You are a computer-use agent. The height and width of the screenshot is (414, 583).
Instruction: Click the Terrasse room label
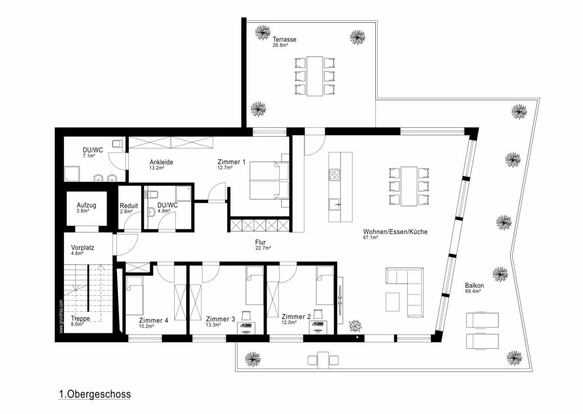pos(284,39)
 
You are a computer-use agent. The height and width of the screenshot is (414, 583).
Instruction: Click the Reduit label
pos(128,205)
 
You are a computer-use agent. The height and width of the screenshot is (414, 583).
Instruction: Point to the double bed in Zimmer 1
pos(269,180)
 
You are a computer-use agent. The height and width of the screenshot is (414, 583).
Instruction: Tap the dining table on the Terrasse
pos(314,76)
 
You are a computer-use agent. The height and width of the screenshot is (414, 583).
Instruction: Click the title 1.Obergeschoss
pos(95,394)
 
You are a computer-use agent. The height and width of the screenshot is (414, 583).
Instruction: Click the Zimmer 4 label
pos(154,320)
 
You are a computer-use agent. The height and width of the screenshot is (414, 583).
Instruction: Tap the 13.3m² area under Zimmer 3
pos(213,325)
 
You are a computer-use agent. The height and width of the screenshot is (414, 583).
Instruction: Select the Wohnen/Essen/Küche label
pos(395,232)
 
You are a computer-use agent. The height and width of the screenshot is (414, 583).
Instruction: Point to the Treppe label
pos(80,319)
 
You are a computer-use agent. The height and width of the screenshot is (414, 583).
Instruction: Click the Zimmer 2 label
pos(296,316)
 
